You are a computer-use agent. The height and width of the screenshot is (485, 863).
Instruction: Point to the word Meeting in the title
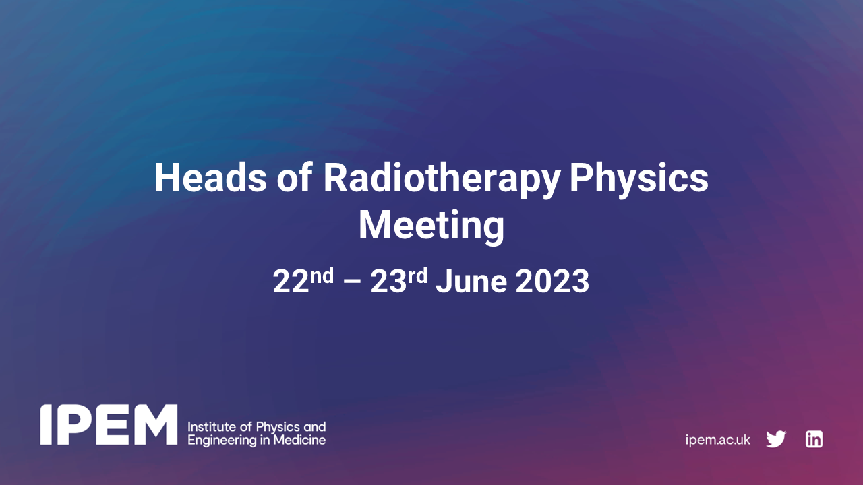click(x=431, y=226)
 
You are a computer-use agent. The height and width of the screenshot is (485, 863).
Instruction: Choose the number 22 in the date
click(x=291, y=282)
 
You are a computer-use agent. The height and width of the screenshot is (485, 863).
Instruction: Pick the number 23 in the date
click(x=388, y=282)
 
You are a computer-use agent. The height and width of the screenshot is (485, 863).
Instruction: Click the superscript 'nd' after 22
click(x=322, y=276)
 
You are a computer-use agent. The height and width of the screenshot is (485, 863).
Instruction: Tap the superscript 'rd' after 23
click(x=417, y=276)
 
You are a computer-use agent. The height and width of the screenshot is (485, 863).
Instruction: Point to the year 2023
click(x=552, y=282)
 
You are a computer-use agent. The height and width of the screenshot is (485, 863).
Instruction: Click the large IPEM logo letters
click(x=108, y=424)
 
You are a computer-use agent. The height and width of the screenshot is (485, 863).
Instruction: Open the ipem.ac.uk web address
click(x=717, y=440)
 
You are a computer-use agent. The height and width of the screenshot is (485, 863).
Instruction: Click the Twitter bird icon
click(x=776, y=439)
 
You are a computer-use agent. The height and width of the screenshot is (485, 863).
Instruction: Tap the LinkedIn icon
click(x=814, y=439)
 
